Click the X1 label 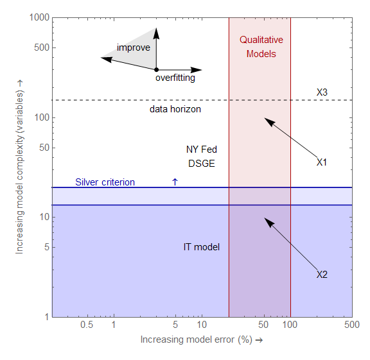(x=322, y=162)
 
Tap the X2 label (x=322, y=275)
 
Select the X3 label (x=322, y=92)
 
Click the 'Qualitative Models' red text (x=261, y=47)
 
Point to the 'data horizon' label (x=175, y=110)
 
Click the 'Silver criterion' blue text (x=105, y=182)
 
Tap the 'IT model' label (x=202, y=247)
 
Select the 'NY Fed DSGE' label (x=202, y=157)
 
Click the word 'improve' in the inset (x=133, y=47)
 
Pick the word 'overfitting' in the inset (x=175, y=78)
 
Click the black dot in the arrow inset (x=156, y=69)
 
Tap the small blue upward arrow (x=175, y=182)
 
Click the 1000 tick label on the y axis (x=40, y=18)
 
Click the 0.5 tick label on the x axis (x=87, y=325)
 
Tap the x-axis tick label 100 (x=290, y=325)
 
